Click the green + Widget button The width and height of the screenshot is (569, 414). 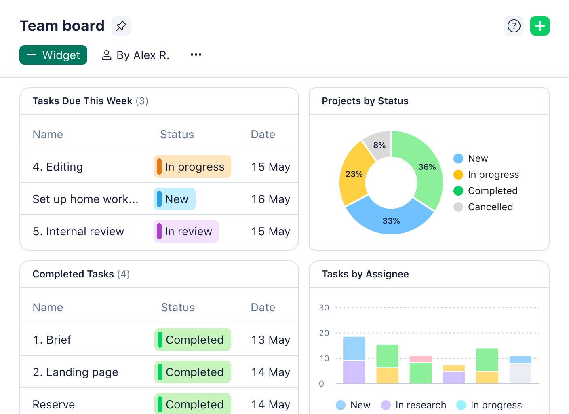point(53,55)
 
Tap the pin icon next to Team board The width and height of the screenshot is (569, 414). point(121,26)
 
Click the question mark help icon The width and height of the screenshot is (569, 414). point(514,26)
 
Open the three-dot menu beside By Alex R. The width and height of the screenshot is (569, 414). point(196,55)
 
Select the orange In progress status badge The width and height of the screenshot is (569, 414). point(192,167)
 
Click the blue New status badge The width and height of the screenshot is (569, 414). point(175,199)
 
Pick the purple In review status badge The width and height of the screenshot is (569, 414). point(186,231)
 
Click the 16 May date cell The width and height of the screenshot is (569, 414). point(270,199)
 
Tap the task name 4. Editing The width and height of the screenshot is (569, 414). point(58,167)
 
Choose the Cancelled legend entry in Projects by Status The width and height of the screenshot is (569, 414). point(490,207)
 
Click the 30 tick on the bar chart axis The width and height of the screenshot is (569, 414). point(324,308)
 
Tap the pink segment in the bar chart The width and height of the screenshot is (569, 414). point(420,359)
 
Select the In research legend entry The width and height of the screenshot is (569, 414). point(420,405)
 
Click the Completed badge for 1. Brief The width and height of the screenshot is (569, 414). point(193,340)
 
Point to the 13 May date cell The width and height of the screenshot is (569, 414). point(270,340)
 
